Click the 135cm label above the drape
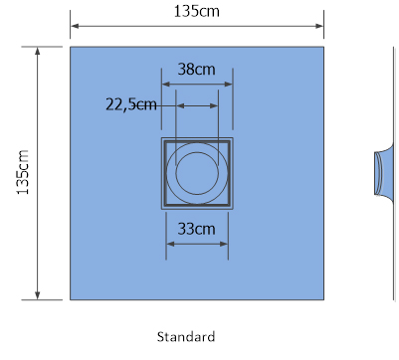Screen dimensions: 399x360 point(197,11)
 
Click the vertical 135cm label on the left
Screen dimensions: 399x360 point(23,172)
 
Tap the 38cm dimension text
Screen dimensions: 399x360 point(197,69)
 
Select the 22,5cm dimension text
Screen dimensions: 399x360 point(131,104)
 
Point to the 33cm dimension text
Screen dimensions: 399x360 point(197,229)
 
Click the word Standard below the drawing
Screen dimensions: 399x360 point(186,337)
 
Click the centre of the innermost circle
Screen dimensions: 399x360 point(197,173)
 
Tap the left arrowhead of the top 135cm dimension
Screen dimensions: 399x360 point(75,26)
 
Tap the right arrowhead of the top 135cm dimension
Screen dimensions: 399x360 point(319,26)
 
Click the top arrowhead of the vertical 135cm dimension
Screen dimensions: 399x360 point(38,51)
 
